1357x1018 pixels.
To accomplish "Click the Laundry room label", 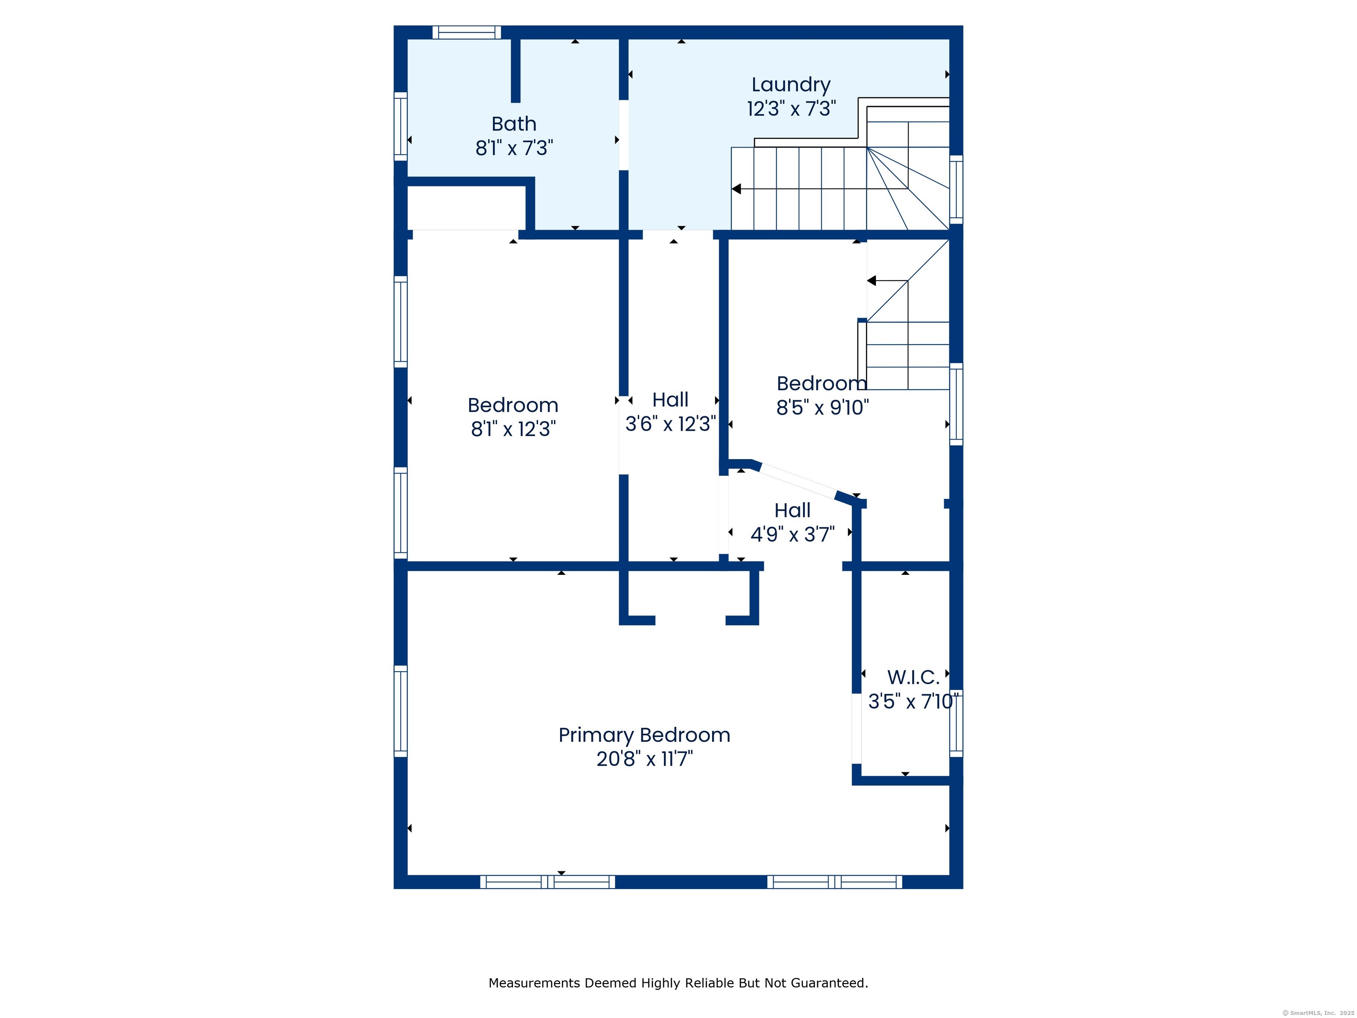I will point(791,85).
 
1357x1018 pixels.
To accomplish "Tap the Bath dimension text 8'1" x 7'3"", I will point(514,148).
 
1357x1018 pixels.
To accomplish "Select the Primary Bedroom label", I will point(644,735).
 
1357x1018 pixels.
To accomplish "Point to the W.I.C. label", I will point(913,677).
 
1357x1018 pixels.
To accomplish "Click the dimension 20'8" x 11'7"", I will point(644,759).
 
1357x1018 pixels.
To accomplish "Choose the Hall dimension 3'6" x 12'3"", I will point(671,423).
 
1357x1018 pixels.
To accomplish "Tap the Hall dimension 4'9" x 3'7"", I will point(792,535).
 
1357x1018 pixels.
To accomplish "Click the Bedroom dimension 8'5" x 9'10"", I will point(822,407).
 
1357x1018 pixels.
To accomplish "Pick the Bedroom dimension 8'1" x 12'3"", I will point(513,429).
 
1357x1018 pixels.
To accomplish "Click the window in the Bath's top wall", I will point(466,33).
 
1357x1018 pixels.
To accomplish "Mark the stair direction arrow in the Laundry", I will point(737,189).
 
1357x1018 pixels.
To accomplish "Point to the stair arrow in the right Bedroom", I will point(872,281).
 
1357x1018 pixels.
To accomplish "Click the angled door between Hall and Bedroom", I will point(797,480).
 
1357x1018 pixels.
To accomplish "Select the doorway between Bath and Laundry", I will point(623,135).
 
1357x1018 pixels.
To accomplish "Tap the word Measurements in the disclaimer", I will point(534,983).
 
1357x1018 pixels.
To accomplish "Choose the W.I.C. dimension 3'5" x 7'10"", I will point(913,701).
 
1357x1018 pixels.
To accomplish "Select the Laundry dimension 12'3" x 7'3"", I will point(791,109).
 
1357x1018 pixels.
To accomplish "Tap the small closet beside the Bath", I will point(466,207).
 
